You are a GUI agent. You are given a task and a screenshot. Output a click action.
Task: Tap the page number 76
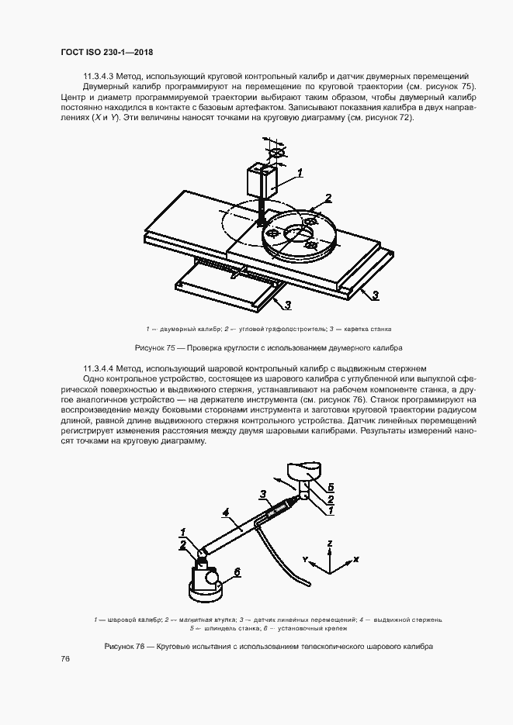[65, 659]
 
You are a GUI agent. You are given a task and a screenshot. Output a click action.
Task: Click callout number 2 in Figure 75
[328, 198]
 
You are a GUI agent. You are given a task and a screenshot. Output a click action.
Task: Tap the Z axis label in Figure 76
[330, 544]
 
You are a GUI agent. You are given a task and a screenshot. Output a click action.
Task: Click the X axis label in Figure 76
[356, 558]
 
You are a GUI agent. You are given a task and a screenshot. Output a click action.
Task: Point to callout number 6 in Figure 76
[237, 571]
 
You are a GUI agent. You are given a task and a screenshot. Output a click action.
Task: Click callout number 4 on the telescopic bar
[225, 513]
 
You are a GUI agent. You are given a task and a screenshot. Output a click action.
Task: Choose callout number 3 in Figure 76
[262, 493]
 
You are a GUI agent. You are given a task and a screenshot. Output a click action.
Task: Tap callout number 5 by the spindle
[330, 486]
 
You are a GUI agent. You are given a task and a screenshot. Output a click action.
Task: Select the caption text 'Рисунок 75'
[156, 347]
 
